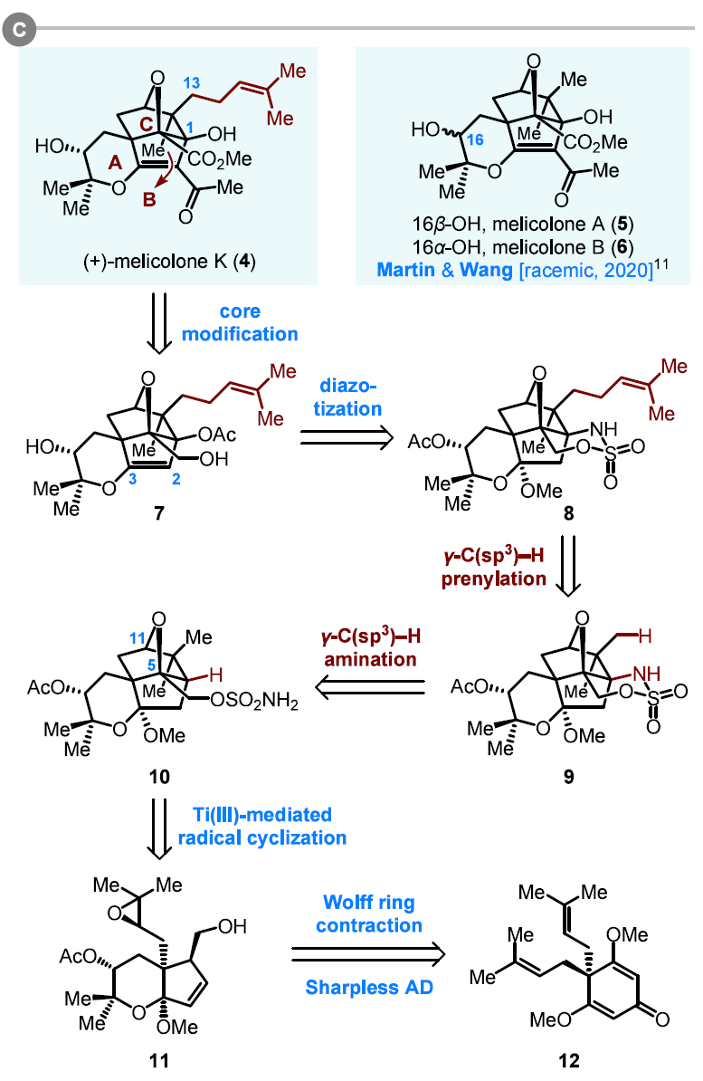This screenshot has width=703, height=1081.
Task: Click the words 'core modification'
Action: (240, 322)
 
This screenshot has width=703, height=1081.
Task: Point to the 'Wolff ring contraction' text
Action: (373, 914)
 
